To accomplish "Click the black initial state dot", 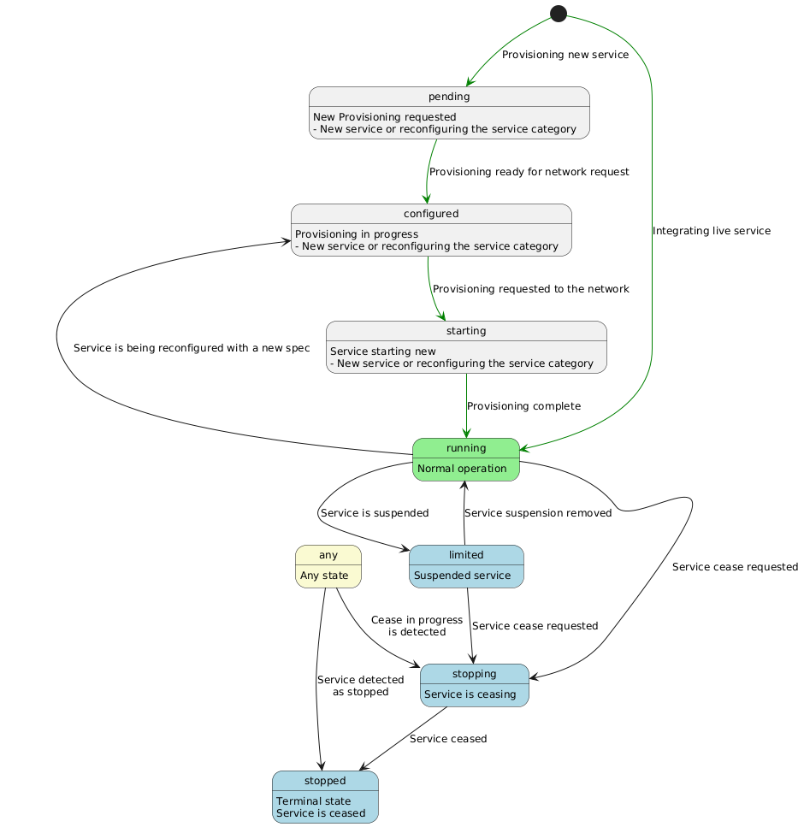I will tap(559, 13).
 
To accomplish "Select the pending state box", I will tap(449, 112).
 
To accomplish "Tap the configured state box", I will tap(431, 229).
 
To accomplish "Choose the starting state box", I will tap(466, 346).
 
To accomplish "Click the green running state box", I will tap(466, 459).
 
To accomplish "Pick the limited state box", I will tap(466, 566).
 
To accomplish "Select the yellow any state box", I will tap(328, 566).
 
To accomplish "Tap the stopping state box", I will tap(475, 685).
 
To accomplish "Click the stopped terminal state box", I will tap(325, 796).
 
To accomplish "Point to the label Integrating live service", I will tap(711, 231).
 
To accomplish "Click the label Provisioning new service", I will tap(565, 55).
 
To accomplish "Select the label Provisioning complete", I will tap(523, 406).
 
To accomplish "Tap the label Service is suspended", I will tap(375, 513).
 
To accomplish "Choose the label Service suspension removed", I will tap(538, 513).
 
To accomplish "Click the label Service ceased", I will tap(448, 739).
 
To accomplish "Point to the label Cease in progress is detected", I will tap(417, 626).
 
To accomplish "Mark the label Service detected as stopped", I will tap(360, 686).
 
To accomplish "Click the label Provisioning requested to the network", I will tap(530, 289).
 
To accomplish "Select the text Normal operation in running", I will tap(462, 469).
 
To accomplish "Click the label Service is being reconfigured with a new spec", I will tap(192, 349).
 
